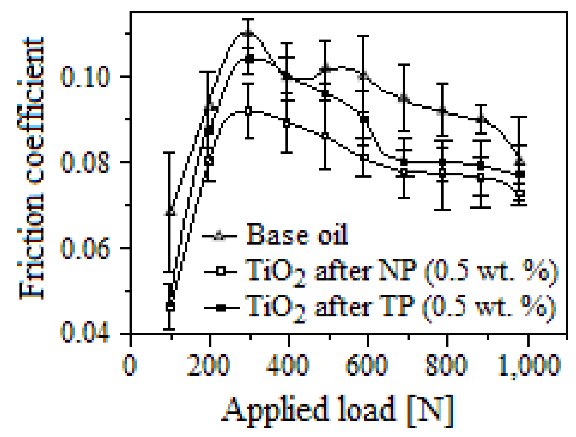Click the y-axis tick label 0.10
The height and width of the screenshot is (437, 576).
[85, 76]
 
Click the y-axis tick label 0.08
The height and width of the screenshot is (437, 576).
[85, 162]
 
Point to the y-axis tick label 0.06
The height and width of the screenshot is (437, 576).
[85, 248]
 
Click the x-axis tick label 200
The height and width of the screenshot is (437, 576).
[209, 366]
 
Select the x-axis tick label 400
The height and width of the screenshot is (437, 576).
[288, 366]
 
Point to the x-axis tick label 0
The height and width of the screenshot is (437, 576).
[130, 366]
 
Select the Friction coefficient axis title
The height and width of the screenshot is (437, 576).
[32, 168]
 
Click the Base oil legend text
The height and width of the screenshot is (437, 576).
[297, 235]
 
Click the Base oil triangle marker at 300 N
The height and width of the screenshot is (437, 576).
[248, 33]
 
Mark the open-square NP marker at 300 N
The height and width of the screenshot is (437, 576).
[248, 111]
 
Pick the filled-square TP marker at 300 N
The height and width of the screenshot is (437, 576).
[249, 59]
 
